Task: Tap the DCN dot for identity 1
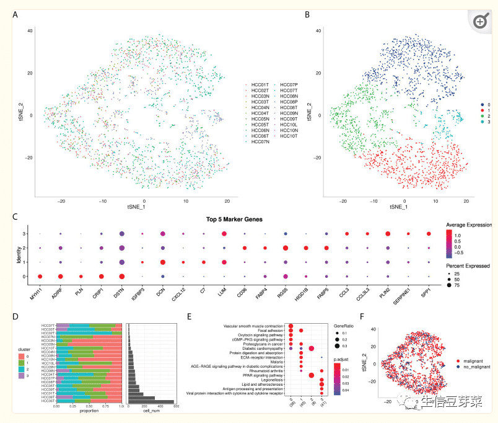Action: click(162, 262)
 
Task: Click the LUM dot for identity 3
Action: click(224, 234)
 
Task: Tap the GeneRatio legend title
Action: click(346, 325)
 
